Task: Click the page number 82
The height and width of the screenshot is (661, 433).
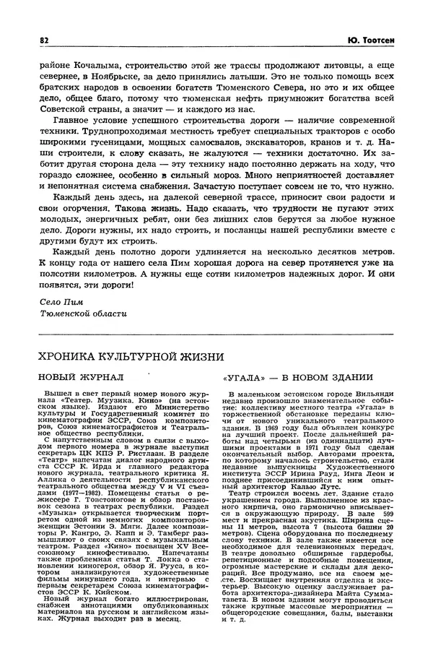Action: [44, 40]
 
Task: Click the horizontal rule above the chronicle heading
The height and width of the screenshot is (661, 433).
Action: [216, 334]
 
